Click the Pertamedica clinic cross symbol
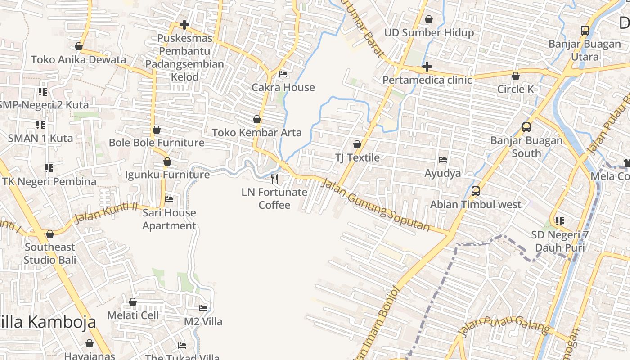[427, 67]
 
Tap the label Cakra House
[283, 87]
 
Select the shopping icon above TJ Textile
[357, 144]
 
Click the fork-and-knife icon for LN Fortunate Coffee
[274, 179]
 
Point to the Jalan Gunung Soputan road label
[376, 205]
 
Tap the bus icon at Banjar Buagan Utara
[585, 31]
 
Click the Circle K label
[515, 89]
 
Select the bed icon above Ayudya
[443, 160]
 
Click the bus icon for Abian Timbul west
[476, 191]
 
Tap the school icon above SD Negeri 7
[560, 221]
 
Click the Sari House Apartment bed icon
[169, 199]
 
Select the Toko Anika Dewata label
[79, 59]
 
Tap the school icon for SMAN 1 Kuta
[40, 125]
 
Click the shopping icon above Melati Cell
[133, 302]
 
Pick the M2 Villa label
[203, 321]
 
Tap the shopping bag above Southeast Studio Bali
[50, 234]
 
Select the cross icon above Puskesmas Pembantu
[184, 25]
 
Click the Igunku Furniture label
[167, 175]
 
